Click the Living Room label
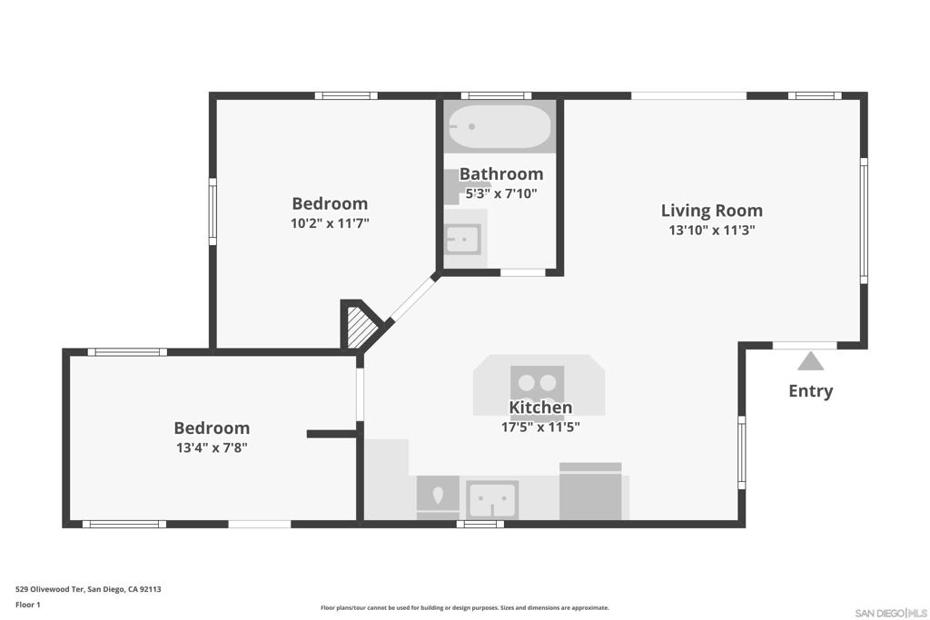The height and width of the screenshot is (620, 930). (x=712, y=211)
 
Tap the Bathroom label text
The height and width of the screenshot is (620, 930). (x=501, y=173)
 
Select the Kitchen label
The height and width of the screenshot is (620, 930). (x=540, y=408)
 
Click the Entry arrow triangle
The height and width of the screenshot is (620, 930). (x=810, y=361)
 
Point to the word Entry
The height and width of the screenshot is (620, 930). (x=811, y=391)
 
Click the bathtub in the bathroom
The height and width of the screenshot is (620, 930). (x=500, y=126)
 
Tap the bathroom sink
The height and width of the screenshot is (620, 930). (x=463, y=240)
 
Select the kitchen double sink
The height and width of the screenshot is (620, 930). (x=491, y=499)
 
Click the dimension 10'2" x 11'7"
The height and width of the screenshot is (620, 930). (x=330, y=223)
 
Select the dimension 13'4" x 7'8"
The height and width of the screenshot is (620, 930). (x=212, y=448)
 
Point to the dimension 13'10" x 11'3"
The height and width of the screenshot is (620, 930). (x=712, y=230)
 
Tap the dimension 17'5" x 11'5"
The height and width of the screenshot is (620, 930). (x=540, y=427)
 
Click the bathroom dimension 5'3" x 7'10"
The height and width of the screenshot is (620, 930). (x=501, y=193)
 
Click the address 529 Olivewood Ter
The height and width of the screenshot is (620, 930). (x=49, y=589)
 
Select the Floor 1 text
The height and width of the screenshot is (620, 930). (x=28, y=605)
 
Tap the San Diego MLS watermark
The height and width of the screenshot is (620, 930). (x=891, y=613)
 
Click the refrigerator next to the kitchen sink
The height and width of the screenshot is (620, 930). (x=590, y=491)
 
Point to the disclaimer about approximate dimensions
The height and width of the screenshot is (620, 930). (x=465, y=607)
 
